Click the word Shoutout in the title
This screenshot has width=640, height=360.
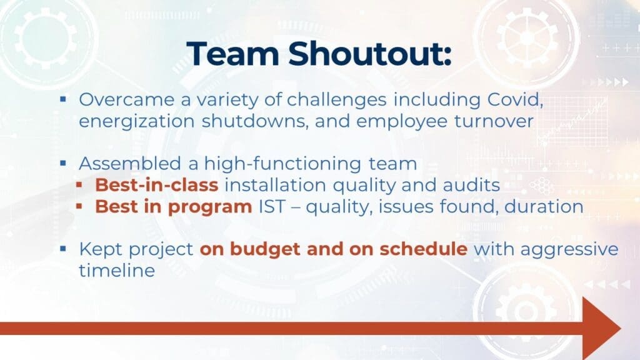click(x=370, y=54)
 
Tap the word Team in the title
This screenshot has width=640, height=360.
click(x=232, y=54)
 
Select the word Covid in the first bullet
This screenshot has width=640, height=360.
click(x=515, y=99)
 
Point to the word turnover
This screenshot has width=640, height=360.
click(x=494, y=121)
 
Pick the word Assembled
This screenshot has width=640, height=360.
click(x=130, y=164)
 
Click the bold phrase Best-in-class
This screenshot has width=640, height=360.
click(x=157, y=185)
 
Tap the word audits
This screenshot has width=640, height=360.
click(x=471, y=185)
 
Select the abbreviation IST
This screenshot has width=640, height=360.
click(x=271, y=206)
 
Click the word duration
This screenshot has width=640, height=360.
click(x=544, y=206)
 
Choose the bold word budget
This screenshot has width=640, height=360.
click(x=265, y=249)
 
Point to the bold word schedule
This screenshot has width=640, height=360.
click(x=423, y=249)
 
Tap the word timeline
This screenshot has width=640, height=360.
click(x=117, y=271)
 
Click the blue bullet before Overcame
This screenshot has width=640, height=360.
click(x=63, y=99)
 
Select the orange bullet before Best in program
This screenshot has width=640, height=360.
click(x=79, y=206)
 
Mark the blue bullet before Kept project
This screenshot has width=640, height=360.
click(x=63, y=248)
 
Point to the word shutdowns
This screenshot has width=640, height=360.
click(x=255, y=121)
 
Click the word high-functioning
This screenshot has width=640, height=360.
click(x=282, y=164)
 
